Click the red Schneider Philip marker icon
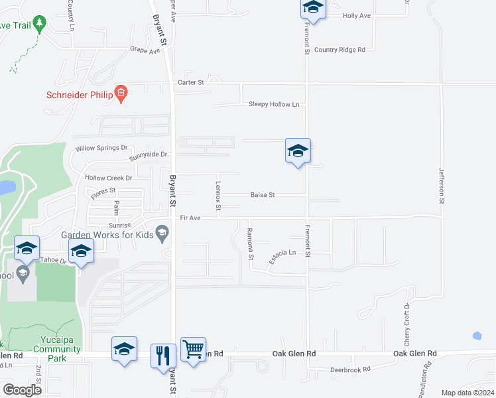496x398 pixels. click(x=121, y=94)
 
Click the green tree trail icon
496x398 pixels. click(x=39, y=25)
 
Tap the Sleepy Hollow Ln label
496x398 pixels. click(x=274, y=104)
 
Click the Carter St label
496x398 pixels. click(x=190, y=82)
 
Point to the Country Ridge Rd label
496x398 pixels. click(x=340, y=50)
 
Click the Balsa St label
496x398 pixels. click(x=263, y=195)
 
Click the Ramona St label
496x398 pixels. click(x=250, y=243)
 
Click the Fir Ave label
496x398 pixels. click(x=190, y=217)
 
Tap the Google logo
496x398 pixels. click(x=23, y=389)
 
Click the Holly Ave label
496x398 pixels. click(x=357, y=15)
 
